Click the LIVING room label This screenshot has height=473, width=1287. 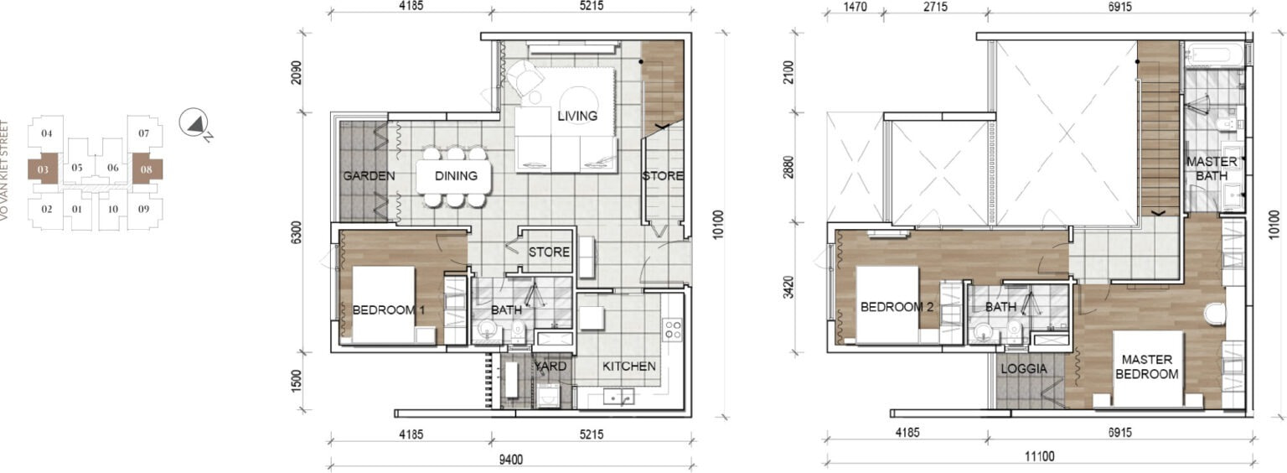coord(576,116)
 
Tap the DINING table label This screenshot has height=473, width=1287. coord(456,175)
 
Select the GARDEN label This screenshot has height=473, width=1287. coord(369,175)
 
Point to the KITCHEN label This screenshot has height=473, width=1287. coord(628,366)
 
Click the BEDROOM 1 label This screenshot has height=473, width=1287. coord(389,310)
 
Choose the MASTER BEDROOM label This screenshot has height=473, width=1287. coord(1147,366)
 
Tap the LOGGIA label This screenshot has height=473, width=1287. coord(1024,369)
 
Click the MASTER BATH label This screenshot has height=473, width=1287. coord(1212,169)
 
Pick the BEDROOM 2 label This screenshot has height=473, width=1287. coord(897,307)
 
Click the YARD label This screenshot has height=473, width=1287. coord(550,366)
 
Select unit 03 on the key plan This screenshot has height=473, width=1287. coord(43,169)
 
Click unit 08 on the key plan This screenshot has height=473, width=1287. coord(147,169)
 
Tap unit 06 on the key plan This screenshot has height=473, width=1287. coord(112,168)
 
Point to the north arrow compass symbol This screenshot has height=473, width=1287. coord(193,122)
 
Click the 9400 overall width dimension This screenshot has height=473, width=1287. coord(511,460)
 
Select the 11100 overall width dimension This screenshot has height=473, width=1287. coord(1040,456)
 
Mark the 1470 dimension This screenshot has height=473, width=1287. coord(855,7)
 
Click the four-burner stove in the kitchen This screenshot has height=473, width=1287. coord(672,330)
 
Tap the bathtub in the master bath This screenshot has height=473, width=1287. coord(1213,56)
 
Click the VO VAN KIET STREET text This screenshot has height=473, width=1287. coord(4,170)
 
